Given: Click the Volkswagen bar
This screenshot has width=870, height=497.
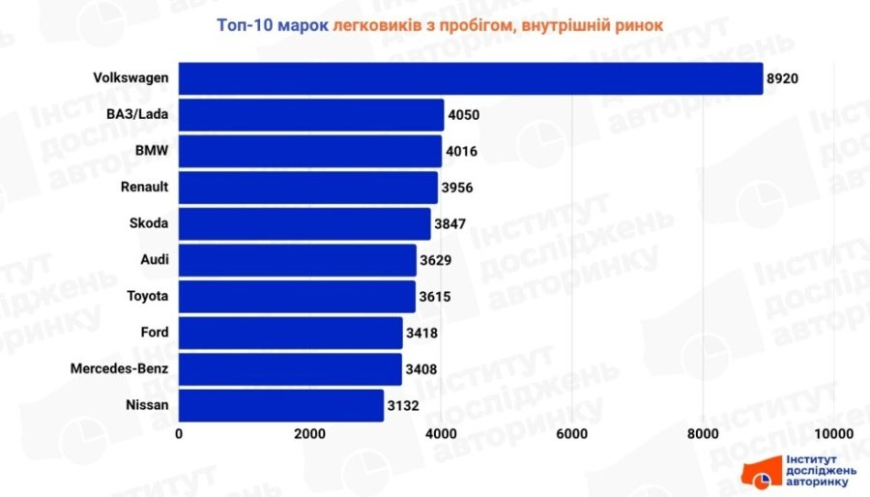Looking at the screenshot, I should point(471,78).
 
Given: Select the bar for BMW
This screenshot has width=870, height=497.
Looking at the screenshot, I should point(310,151).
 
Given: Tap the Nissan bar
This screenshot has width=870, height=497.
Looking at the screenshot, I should point(281,405).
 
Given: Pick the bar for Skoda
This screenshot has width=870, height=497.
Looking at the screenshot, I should point(304,223).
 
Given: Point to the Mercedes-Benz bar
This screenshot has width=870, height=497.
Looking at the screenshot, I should point(290,368).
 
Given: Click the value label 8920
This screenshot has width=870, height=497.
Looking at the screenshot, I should point(786,78).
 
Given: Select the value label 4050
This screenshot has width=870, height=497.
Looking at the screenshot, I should point(464,115).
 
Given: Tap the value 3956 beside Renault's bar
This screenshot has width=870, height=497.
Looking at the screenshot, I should point(457,188).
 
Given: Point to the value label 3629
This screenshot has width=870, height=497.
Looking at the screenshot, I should point(436,260).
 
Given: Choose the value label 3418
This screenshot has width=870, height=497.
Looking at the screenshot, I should point(422,333).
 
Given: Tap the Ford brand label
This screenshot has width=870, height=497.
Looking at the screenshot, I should point(155,333).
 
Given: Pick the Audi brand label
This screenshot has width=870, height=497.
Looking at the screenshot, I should point(154,260).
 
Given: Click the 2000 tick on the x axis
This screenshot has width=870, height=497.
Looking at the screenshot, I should point(309,433).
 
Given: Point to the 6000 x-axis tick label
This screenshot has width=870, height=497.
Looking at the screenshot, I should point(572,433).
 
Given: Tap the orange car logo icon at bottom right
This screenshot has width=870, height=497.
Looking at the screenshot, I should point(761,474).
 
